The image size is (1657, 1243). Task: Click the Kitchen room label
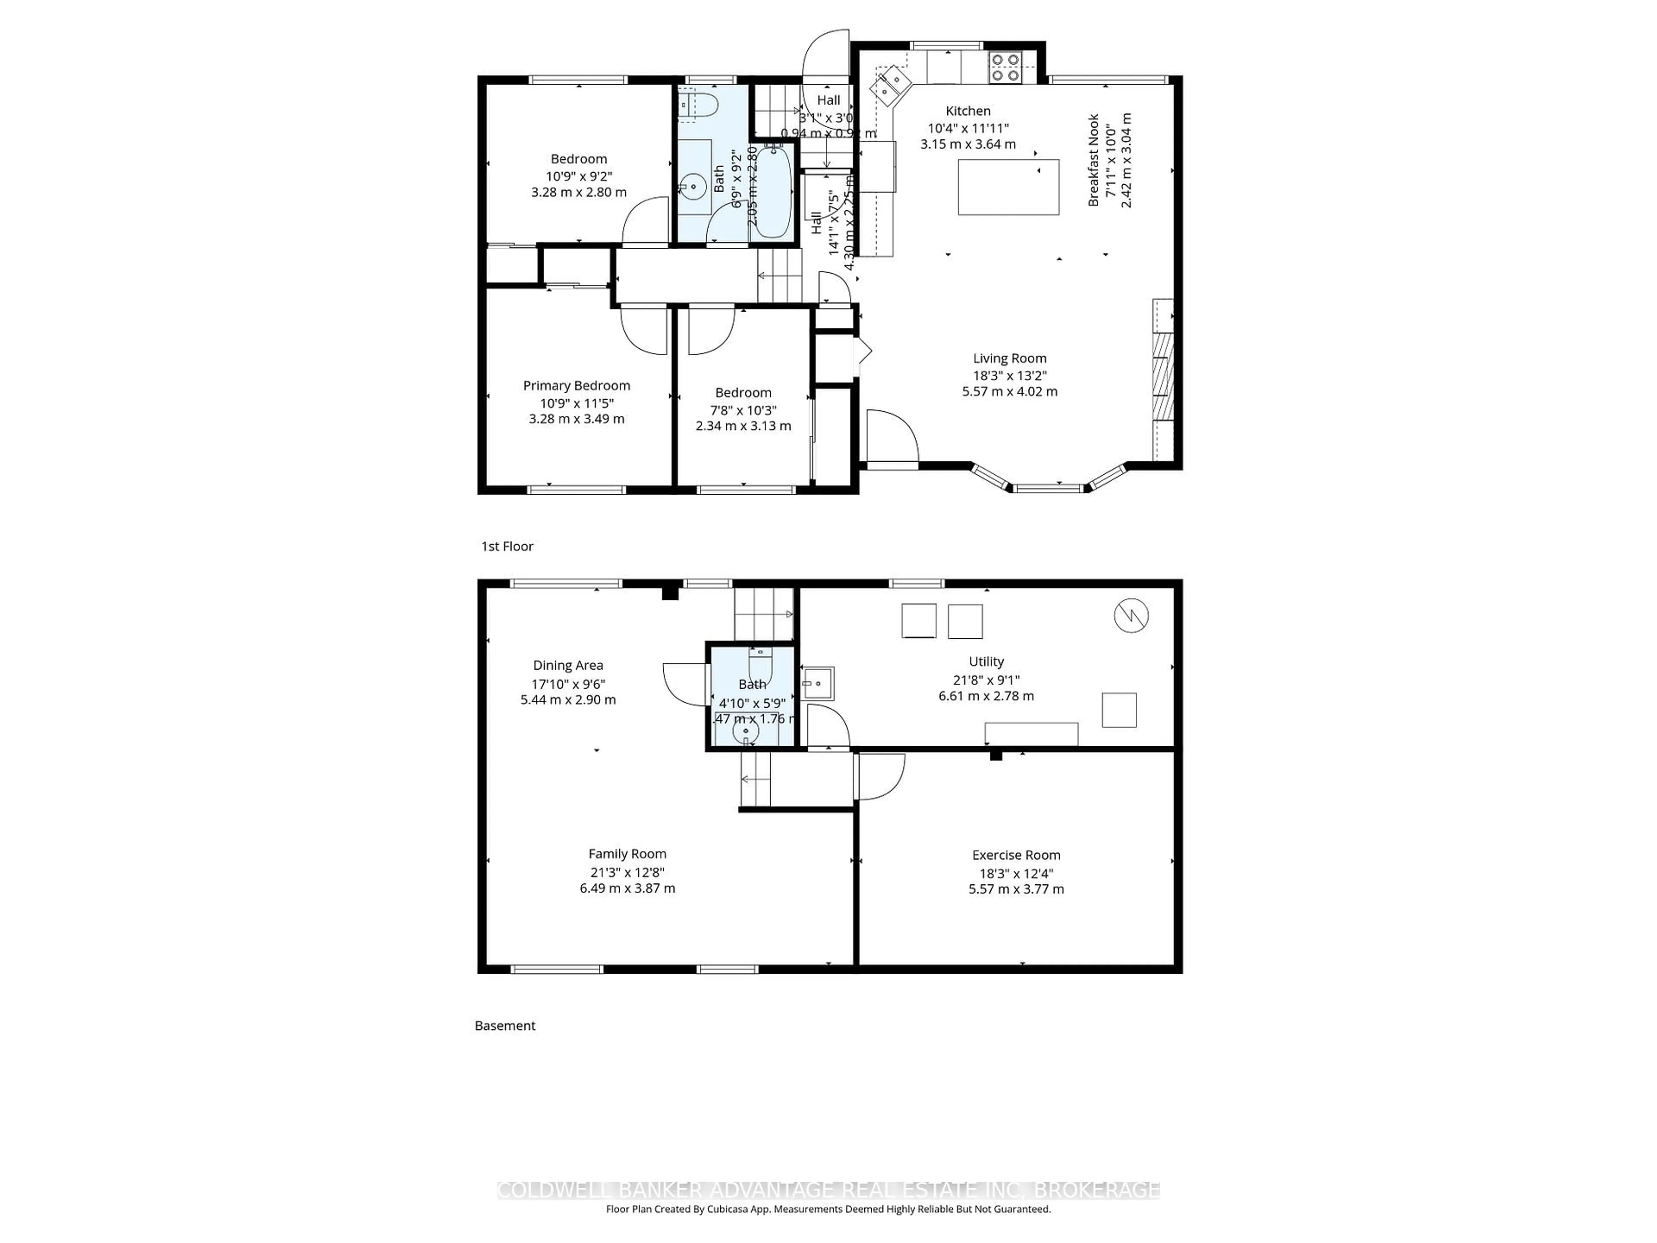click(x=968, y=111)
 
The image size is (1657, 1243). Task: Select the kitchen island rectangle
click(x=1008, y=187)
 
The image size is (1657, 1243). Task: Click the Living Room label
click(x=1010, y=358)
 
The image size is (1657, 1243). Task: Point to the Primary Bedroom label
click(x=576, y=385)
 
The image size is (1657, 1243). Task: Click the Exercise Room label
click(x=1016, y=855)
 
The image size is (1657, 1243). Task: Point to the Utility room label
click(x=986, y=662)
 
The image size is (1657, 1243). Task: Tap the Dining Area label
click(x=568, y=666)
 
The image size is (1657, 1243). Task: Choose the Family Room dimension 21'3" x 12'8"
click(x=627, y=872)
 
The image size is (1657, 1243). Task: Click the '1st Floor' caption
click(x=507, y=546)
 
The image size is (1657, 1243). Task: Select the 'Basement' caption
click(x=505, y=1026)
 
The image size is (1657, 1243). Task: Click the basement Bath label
click(x=752, y=684)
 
